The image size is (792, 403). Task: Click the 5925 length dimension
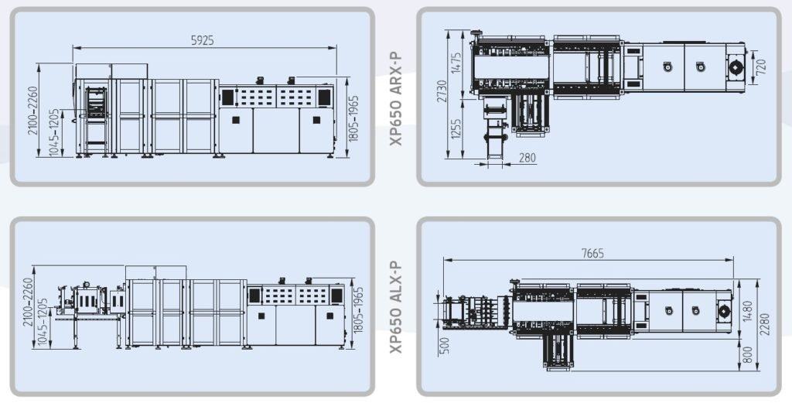[x=202, y=40]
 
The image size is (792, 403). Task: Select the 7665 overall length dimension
[x=592, y=253]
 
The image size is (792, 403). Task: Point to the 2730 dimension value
[x=442, y=91]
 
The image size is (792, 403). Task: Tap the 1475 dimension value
[x=456, y=63]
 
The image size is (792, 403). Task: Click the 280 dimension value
[x=527, y=158]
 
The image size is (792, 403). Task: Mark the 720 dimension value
[x=761, y=67]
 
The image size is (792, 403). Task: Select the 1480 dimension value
[x=748, y=311]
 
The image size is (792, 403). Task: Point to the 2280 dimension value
[x=765, y=323]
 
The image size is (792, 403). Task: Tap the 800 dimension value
[x=748, y=354]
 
